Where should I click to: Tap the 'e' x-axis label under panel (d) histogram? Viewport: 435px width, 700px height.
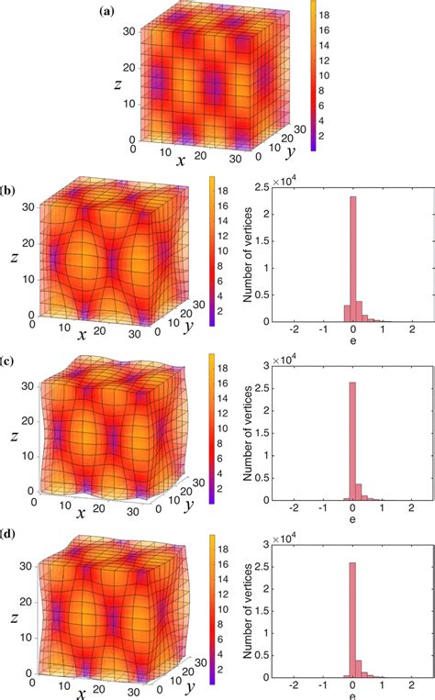[353, 694]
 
